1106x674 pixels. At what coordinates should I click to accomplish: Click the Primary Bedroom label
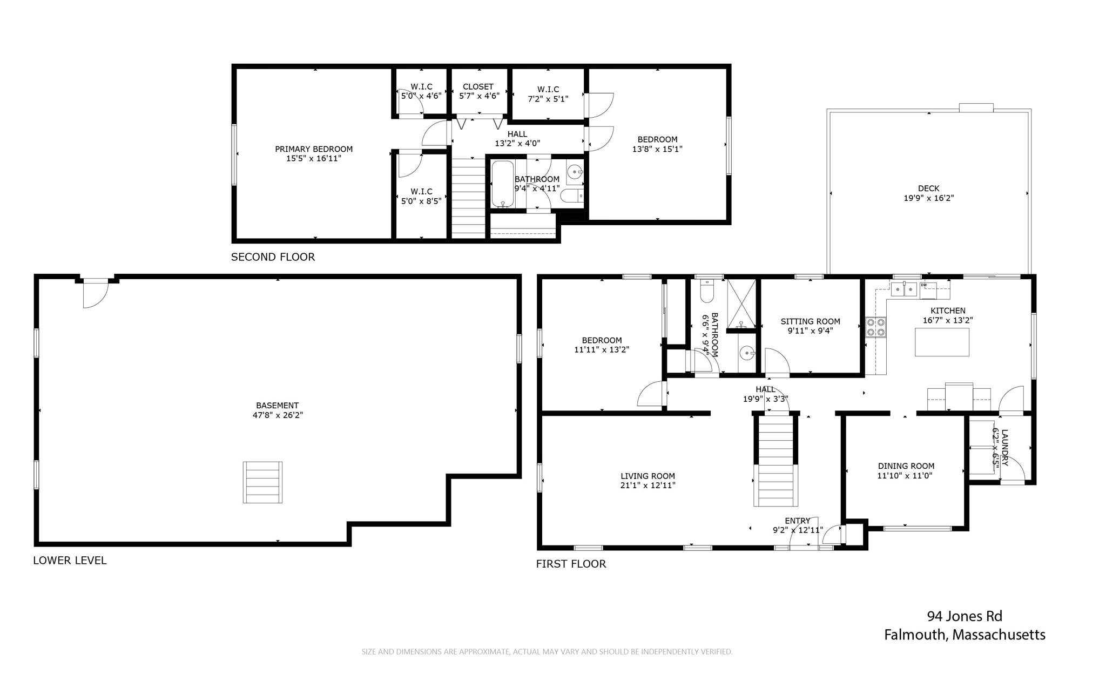click(314, 149)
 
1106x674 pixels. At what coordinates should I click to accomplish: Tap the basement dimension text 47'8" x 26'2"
click(278, 415)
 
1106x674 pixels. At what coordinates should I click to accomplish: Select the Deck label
click(928, 188)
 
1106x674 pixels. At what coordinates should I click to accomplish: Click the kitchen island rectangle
click(942, 342)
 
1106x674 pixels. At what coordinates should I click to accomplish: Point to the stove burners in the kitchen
click(875, 327)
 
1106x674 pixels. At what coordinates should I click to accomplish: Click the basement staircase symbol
click(262, 482)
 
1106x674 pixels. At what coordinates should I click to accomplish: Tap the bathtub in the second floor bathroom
click(503, 184)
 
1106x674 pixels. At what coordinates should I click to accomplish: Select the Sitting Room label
click(810, 321)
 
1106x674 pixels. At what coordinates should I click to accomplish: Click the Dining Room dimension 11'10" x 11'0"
click(906, 476)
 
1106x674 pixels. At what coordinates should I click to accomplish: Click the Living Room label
click(648, 476)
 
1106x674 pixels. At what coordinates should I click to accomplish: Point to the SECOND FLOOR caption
click(273, 257)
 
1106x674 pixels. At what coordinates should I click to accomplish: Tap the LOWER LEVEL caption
click(70, 561)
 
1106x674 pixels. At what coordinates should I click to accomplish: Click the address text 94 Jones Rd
click(965, 616)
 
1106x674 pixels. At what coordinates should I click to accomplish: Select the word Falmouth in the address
click(915, 635)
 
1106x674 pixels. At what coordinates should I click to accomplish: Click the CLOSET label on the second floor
click(478, 86)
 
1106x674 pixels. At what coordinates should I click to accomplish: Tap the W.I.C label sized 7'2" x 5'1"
click(548, 89)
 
